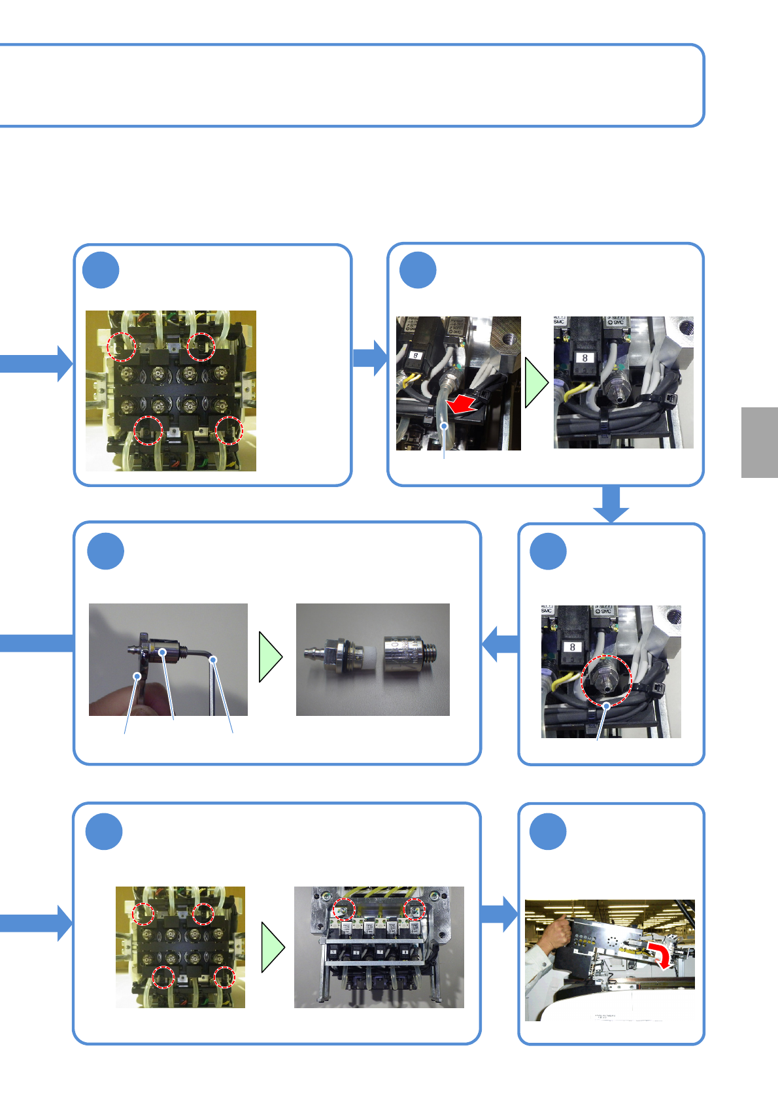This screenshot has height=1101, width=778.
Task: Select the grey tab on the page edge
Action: point(759,443)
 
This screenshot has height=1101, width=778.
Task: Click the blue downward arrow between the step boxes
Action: point(611,504)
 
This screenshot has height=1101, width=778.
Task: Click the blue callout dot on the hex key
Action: point(213,661)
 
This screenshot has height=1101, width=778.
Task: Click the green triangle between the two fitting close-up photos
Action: point(536,383)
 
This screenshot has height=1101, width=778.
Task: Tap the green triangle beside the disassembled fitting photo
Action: point(271,656)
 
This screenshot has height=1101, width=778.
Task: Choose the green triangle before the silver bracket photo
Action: point(273,947)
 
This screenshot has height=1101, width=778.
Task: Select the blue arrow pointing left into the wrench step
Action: point(500,643)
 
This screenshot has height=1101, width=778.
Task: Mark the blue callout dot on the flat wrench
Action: point(137,676)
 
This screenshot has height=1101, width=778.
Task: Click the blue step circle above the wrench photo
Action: point(105,551)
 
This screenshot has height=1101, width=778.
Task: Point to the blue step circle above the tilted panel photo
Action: point(547,831)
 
